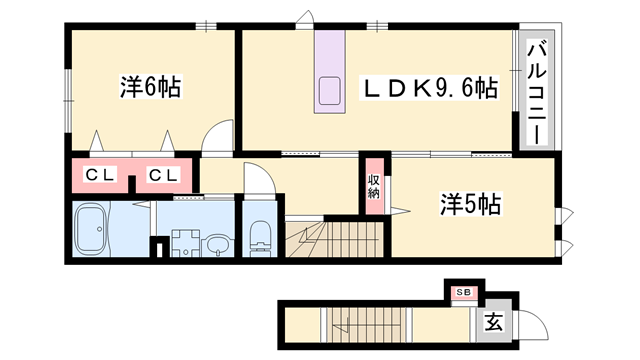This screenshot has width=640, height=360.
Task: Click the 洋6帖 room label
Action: click(151, 87)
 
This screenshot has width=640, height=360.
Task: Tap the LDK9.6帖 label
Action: click(429, 88)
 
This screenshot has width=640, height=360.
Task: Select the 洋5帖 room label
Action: click(470, 204)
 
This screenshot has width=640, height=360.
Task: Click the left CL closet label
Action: click(100, 175)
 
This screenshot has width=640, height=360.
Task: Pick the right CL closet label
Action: click(163, 175)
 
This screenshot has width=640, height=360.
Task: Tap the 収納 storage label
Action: click(374, 187)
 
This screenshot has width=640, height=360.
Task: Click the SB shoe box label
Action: click(464, 292)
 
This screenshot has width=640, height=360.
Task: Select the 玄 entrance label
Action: click(493, 322)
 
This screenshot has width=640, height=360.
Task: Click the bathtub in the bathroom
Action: click(93, 230)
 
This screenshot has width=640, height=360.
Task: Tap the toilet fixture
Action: click(260, 239)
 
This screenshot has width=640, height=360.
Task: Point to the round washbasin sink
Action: click(218, 245)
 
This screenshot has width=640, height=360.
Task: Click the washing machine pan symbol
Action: click(186, 243)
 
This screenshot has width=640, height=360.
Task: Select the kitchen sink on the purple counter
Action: click(330, 91)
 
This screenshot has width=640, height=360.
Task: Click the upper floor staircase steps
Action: click(335, 239)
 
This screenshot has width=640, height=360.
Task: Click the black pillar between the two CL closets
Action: click(132, 184)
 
